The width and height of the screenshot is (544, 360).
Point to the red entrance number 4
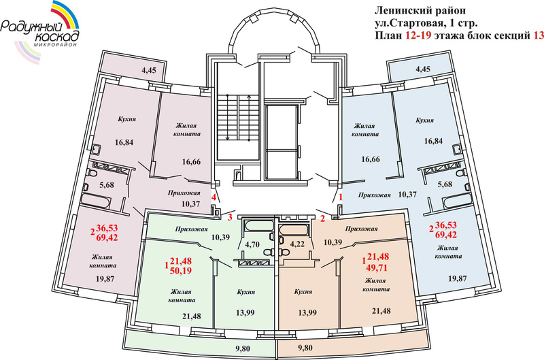coord(214,197)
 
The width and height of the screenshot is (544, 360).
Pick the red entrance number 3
coord(229,218)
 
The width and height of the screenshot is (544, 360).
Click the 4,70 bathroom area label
coord(252,243)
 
